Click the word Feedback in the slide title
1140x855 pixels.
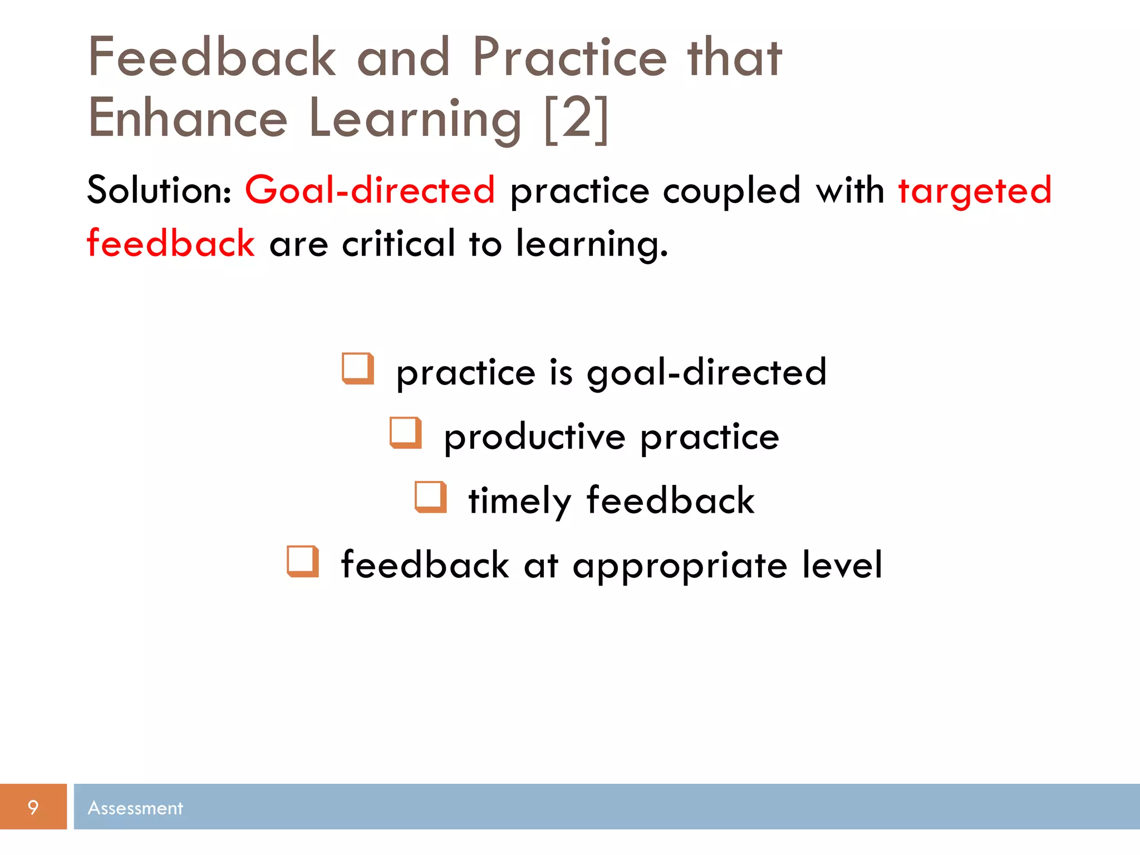pos(212,57)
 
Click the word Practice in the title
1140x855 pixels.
pos(569,57)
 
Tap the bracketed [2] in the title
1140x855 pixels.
pos(576,119)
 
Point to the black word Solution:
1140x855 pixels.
pos(159,190)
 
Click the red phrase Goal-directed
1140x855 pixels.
pos(370,190)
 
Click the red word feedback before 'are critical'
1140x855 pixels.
pos(171,243)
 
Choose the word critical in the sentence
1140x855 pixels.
pos(399,244)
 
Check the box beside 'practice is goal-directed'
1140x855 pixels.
pos(357,368)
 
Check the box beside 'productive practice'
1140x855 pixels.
pos(405,433)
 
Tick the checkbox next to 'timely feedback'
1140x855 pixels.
pos(430,497)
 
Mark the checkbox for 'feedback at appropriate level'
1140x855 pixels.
pos(303,561)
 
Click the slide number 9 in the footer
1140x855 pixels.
pos(33,807)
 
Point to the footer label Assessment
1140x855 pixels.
pos(135,808)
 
